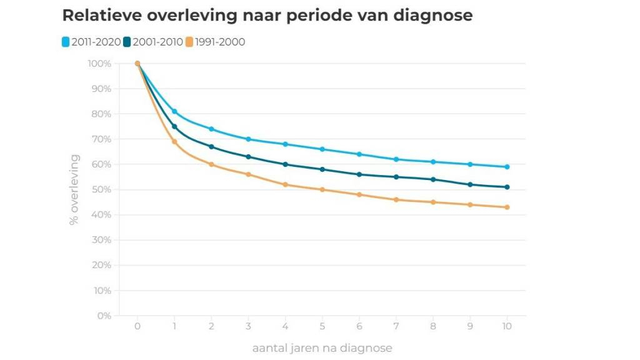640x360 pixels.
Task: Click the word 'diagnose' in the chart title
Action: [x=432, y=16]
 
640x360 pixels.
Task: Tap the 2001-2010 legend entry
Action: [x=153, y=42]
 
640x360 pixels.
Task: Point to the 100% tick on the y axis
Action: [x=99, y=64]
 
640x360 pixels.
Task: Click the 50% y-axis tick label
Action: [x=101, y=189]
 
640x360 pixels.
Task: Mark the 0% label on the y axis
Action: [x=104, y=316]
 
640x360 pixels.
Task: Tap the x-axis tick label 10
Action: [x=507, y=326]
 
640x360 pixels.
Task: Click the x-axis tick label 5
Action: [x=322, y=326]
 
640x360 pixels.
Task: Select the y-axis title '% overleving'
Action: [x=74, y=189]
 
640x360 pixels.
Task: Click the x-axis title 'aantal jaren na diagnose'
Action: [x=322, y=347]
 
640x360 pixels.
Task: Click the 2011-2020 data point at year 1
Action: [x=174, y=111]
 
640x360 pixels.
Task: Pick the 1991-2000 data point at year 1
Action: [x=174, y=142]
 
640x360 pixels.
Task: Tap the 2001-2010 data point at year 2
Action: [x=211, y=147]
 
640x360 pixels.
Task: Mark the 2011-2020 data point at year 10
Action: [x=507, y=167]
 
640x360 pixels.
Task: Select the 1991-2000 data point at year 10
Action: [x=507, y=207]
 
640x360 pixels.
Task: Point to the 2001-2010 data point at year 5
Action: [x=322, y=169]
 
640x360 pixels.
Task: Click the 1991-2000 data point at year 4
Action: [x=285, y=184]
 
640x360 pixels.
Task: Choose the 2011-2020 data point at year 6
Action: [x=359, y=154]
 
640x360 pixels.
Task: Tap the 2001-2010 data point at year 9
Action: [x=470, y=184]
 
